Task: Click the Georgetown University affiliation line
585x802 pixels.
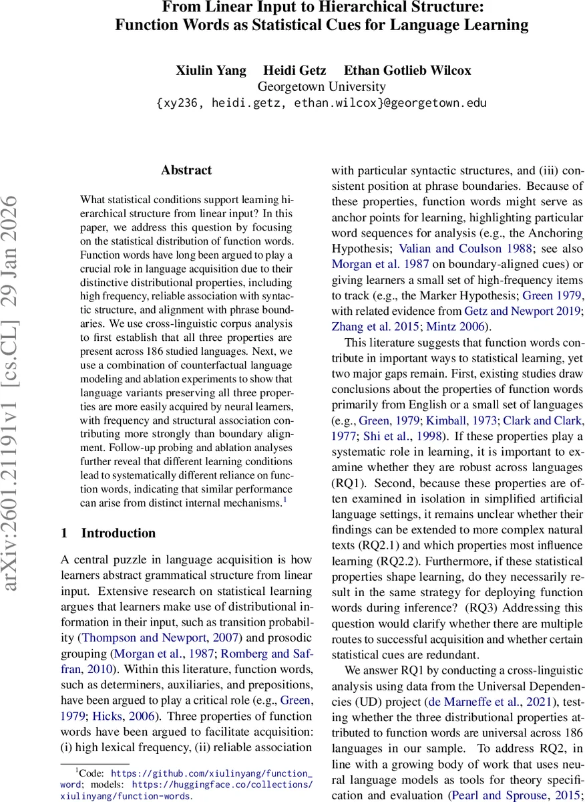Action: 321,87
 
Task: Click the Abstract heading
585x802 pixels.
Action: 186,170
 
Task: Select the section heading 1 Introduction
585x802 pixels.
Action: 108,533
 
